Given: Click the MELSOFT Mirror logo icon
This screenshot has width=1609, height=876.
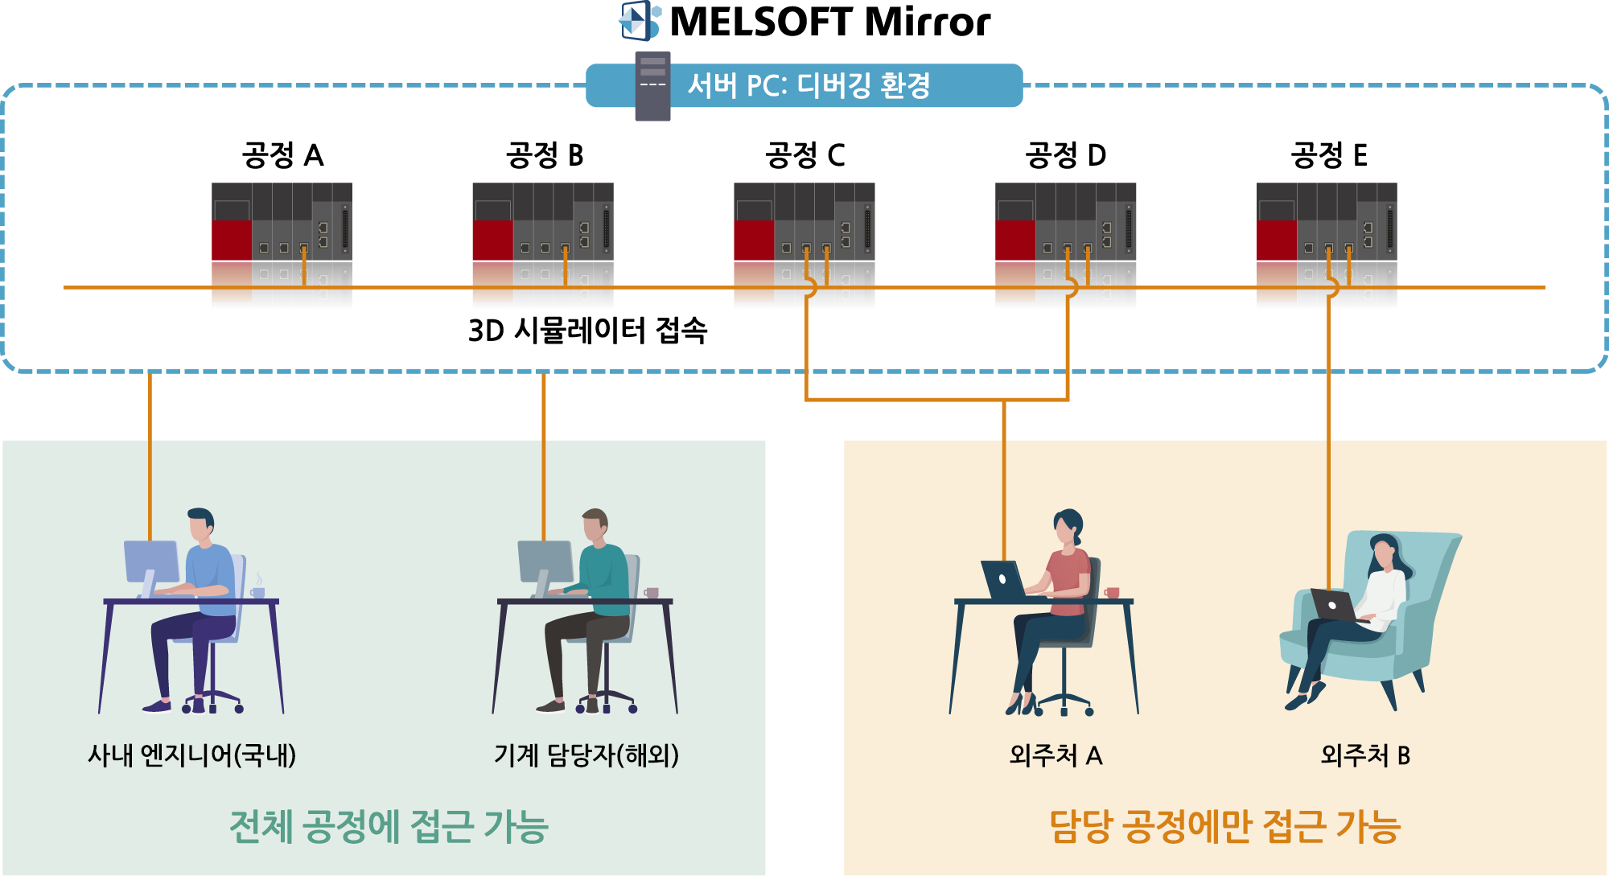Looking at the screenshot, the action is click(x=640, y=20).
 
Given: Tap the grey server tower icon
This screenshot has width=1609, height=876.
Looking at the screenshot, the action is click(x=652, y=86).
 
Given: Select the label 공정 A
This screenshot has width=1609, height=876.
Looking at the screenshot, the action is click(x=282, y=154).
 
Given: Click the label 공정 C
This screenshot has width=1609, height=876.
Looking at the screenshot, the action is click(x=804, y=154).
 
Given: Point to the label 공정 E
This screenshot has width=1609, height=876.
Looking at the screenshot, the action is click(x=1329, y=154).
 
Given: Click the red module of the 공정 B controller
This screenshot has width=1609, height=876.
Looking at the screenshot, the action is click(x=492, y=240).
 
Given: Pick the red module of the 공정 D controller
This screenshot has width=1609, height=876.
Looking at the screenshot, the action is click(x=1015, y=240).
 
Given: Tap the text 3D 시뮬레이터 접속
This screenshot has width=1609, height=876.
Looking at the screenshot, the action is click(x=587, y=330).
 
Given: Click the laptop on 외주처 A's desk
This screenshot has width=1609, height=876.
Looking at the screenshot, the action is click(x=1002, y=580).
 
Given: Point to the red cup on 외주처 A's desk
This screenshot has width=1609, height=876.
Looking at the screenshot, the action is click(x=1112, y=593).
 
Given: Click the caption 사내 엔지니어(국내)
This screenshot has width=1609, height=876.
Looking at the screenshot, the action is click(x=192, y=755).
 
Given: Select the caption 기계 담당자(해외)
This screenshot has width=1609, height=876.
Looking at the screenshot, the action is click(x=586, y=755).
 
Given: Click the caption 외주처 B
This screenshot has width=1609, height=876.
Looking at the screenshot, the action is click(x=1365, y=755).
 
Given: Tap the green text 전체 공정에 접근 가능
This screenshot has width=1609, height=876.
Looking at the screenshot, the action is click(x=389, y=826).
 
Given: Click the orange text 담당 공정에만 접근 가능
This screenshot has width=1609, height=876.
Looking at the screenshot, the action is click(x=1225, y=826).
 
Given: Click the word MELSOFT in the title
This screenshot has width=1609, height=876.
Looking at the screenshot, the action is click(x=761, y=22).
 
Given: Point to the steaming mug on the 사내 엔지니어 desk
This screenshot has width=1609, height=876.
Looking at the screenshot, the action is click(x=257, y=588).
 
